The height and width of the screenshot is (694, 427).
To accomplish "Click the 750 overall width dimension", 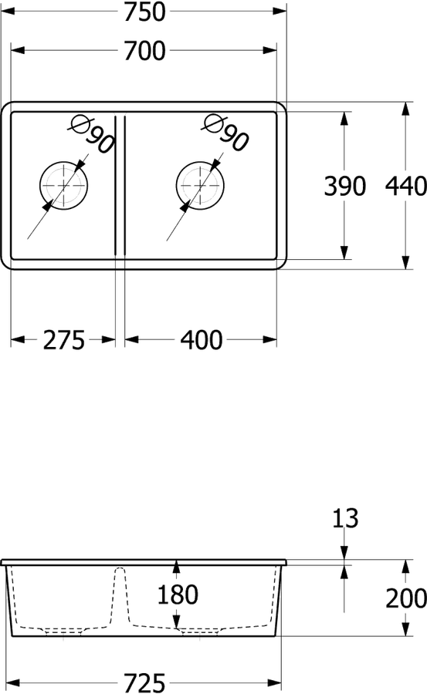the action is tap(144, 12).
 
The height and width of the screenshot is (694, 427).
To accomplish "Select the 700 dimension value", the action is tap(144, 50).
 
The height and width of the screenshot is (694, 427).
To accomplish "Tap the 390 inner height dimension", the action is tap(344, 186).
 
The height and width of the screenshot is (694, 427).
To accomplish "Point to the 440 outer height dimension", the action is tap(405, 186).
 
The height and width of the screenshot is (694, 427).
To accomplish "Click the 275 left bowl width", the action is tap(63, 340).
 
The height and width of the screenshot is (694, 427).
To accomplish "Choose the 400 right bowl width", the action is tap(202, 340).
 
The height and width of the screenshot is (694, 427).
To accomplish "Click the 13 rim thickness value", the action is tap(345, 518).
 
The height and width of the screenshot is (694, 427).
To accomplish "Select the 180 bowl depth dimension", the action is tap(178, 595).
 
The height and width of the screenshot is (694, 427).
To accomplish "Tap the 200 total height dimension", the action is tap(405, 598).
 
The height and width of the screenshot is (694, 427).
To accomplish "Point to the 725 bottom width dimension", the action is tap(144, 682).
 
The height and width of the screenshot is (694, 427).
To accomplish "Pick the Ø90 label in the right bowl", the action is tap(225, 133).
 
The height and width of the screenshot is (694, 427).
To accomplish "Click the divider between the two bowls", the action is tap(120, 185).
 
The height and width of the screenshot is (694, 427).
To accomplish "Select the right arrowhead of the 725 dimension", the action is tap(274, 682).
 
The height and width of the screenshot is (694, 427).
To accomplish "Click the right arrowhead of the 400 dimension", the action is tap(269, 339).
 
